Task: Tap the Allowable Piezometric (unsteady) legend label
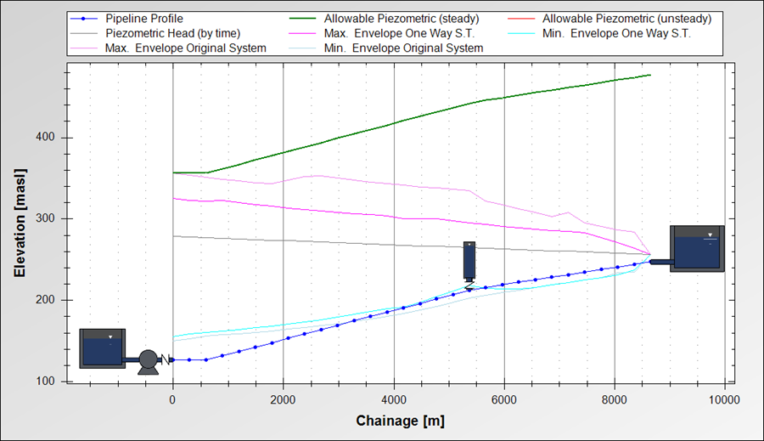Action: click(x=626, y=18)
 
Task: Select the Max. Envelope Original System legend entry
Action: click(x=185, y=48)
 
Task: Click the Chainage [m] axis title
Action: click(x=400, y=421)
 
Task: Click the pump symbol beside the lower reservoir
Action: click(x=149, y=361)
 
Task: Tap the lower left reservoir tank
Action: click(x=102, y=348)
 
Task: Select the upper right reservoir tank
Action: click(x=697, y=248)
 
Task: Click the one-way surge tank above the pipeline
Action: click(x=469, y=261)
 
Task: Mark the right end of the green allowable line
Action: click(x=650, y=76)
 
